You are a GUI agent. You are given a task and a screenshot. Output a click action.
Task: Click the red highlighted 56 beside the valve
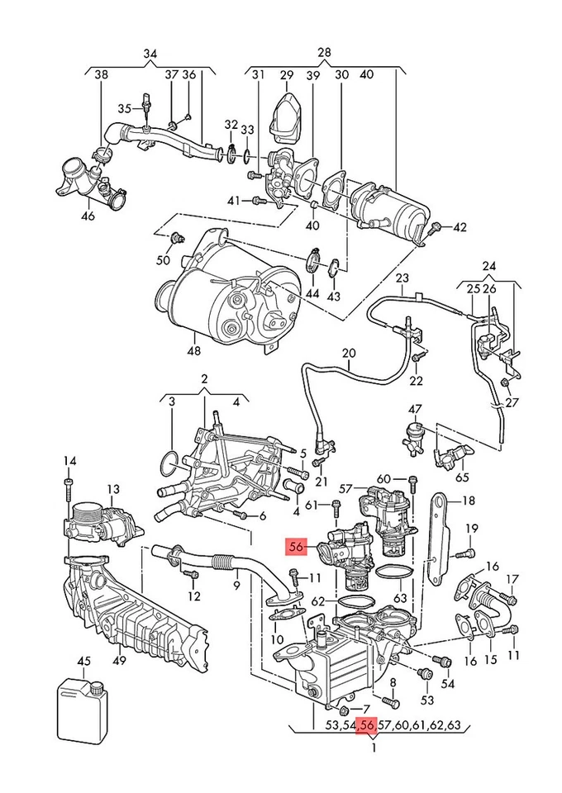point(296,546)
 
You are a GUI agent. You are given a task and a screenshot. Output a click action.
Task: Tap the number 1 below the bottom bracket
point(374,748)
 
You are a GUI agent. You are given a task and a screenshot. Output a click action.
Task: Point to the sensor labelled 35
point(146,104)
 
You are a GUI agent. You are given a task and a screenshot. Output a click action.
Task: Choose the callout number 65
point(460,477)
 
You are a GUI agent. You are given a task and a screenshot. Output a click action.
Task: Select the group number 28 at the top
point(324,52)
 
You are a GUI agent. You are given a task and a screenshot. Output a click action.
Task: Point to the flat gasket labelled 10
point(286,615)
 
